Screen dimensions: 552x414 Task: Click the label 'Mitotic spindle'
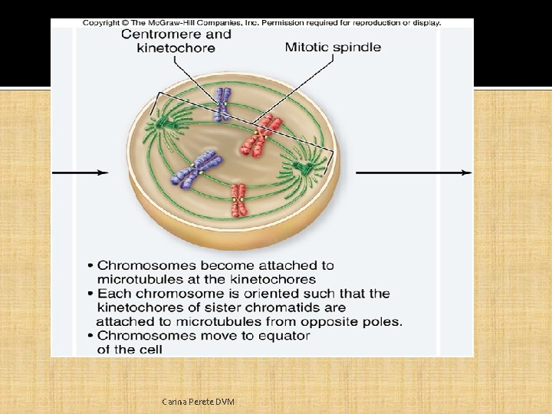coord(333,47)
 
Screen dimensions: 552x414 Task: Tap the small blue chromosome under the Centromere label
coord(222,104)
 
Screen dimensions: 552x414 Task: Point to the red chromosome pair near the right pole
coord(262,135)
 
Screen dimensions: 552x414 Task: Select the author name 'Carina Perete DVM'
coord(199,402)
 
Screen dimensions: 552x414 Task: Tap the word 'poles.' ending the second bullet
coord(381,321)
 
